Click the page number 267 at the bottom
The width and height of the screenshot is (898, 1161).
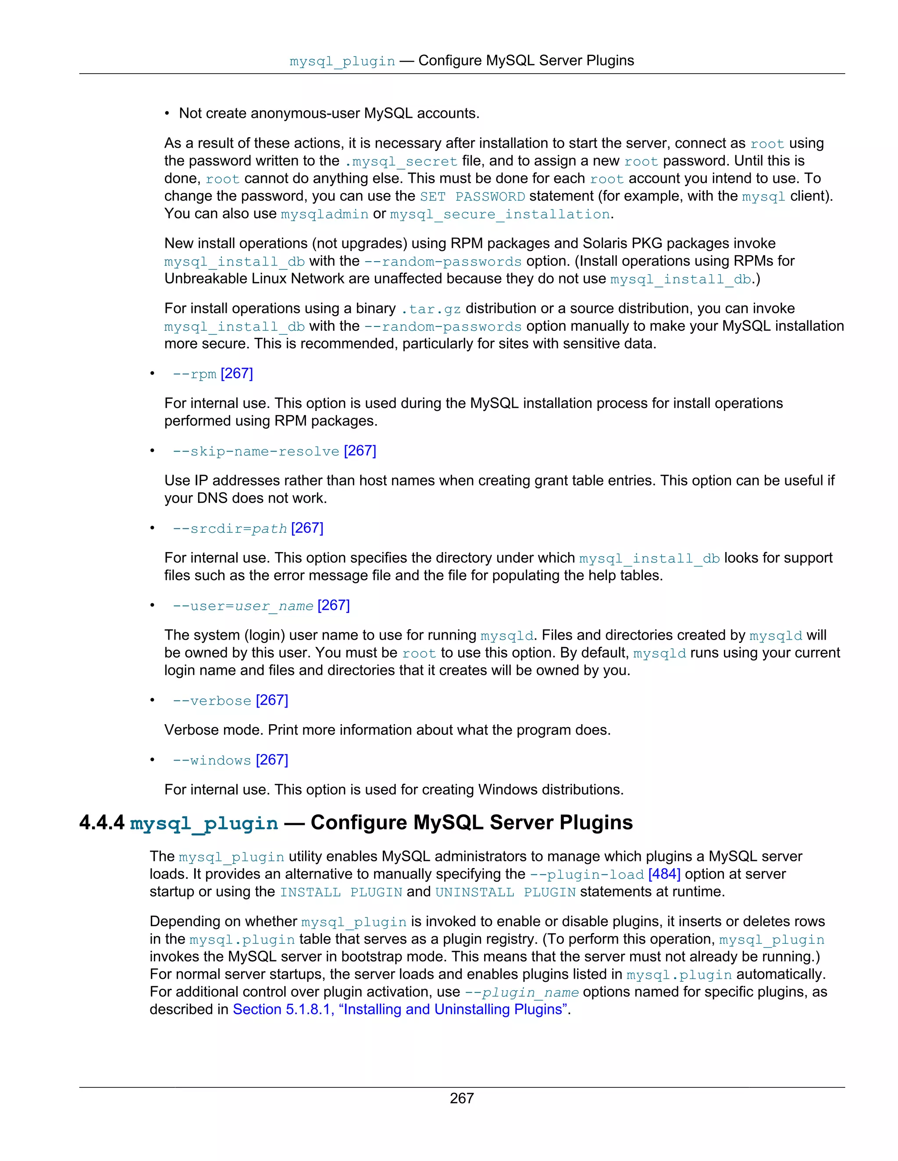coord(461,1098)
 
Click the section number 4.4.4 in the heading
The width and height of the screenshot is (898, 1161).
coord(102,822)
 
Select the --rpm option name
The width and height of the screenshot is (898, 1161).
coord(194,374)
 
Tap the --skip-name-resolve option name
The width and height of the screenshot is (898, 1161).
coord(256,451)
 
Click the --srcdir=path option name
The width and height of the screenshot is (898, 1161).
coord(230,528)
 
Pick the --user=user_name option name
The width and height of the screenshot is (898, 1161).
coord(242,606)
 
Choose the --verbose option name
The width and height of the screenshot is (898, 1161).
coord(212,701)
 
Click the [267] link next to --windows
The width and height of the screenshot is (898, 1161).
coord(272,760)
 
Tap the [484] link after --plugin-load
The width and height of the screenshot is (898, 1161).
coord(664,874)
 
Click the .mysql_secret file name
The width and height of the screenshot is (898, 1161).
coord(401,162)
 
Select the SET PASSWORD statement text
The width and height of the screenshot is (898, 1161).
coord(472,197)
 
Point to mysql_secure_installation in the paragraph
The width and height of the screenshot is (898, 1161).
coord(499,214)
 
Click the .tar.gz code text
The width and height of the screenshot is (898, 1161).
coord(431,309)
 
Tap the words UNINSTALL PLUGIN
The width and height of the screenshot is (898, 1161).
coord(506,892)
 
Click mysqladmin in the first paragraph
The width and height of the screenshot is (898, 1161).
coord(324,214)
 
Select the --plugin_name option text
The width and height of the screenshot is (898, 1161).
coord(521,992)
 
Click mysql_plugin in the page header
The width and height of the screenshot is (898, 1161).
coord(342,61)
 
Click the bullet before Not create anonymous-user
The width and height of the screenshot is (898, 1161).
coord(167,113)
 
